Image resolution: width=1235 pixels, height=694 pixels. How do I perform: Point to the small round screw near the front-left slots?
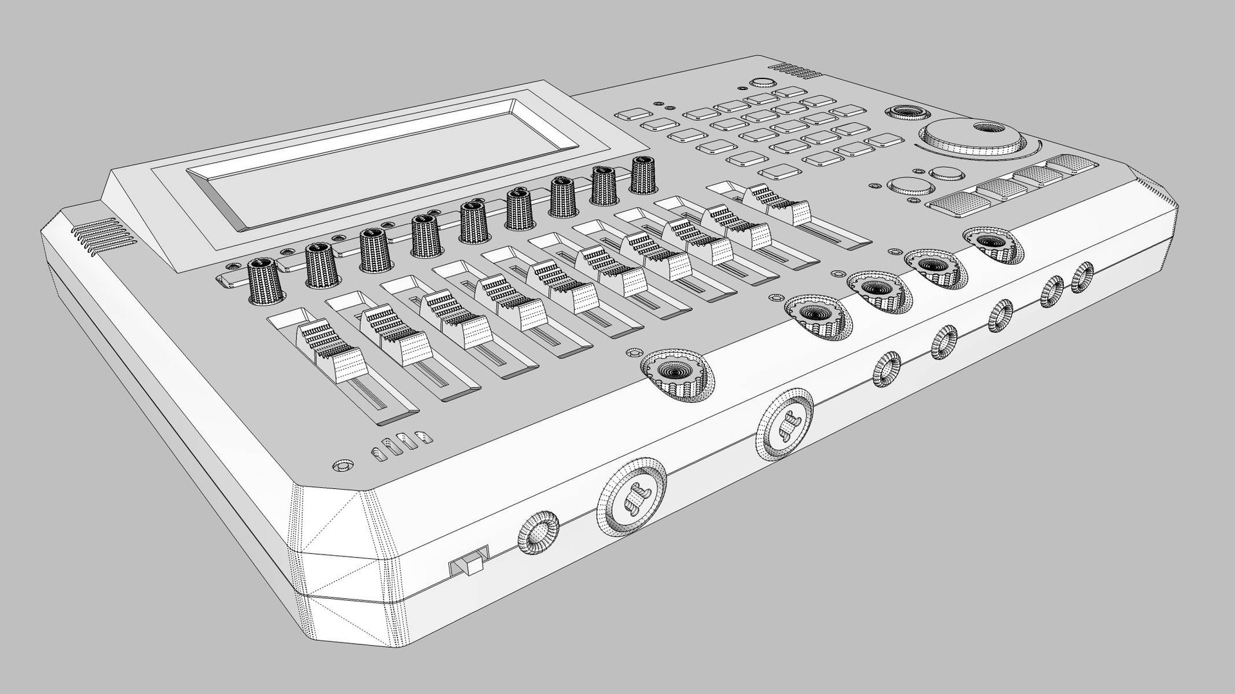tap(342, 464)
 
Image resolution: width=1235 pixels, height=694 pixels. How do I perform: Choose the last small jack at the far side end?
tap(1081, 277)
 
